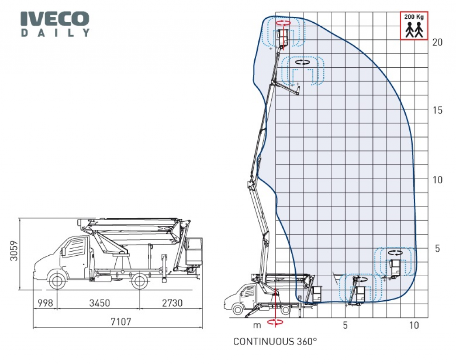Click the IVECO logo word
(x=55, y=19)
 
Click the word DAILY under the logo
(x=55, y=33)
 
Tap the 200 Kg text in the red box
(x=414, y=17)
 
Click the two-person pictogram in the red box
(x=414, y=30)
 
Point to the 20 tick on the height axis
(x=437, y=42)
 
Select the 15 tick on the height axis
(x=437, y=110)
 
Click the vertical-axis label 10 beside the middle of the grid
(x=437, y=180)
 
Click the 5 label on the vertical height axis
(x=437, y=249)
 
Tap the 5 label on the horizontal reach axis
(x=345, y=325)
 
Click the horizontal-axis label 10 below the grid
(x=414, y=325)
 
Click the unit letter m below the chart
(x=257, y=326)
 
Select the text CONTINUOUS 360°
(x=275, y=341)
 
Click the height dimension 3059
(x=14, y=250)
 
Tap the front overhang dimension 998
(x=45, y=303)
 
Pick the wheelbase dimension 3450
(x=99, y=303)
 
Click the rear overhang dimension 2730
(x=172, y=303)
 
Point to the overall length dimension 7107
(x=121, y=322)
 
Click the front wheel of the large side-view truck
(x=57, y=281)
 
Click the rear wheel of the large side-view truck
(x=139, y=281)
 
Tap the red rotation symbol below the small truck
(x=275, y=322)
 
